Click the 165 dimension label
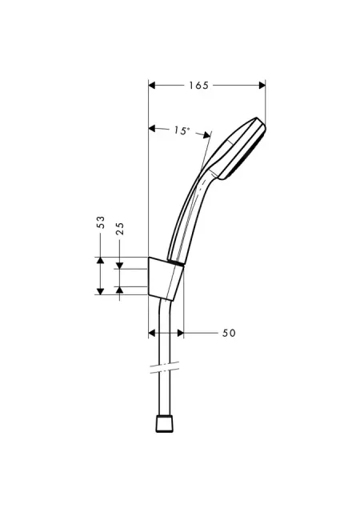[198, 86]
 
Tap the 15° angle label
[182, 130]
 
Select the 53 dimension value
[101, 222]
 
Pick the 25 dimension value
[119, 229]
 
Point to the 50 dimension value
[229, 333]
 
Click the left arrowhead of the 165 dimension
[151, 86]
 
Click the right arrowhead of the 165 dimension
[262, 86]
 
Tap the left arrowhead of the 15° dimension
[151, 128]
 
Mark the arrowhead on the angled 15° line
[206, 135]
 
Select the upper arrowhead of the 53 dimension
[101, 260]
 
